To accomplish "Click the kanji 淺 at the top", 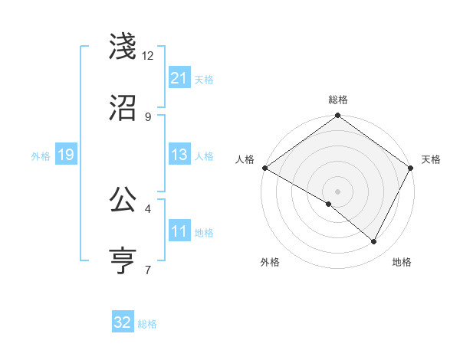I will coord(124,47).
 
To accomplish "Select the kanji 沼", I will coord(124,108).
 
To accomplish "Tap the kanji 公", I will coord(124,200).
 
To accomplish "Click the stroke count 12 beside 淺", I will coord(148,55).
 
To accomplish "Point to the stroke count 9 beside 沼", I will coord(148,116).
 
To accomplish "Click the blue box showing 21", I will coord(179,78).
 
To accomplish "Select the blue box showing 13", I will coord(179,155).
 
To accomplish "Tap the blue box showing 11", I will coord(179,231).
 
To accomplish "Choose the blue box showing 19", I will coord(65,155).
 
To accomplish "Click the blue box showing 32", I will coord(123,322).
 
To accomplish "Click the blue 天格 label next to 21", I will coord(204,79).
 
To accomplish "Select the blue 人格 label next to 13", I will coord(204,155).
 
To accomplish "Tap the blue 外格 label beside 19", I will coord(41,155).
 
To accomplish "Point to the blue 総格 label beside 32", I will coord(147,324).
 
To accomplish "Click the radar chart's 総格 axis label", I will coord(338,100).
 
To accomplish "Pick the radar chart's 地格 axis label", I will coord(402,262).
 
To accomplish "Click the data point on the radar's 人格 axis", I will coord(264,168).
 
